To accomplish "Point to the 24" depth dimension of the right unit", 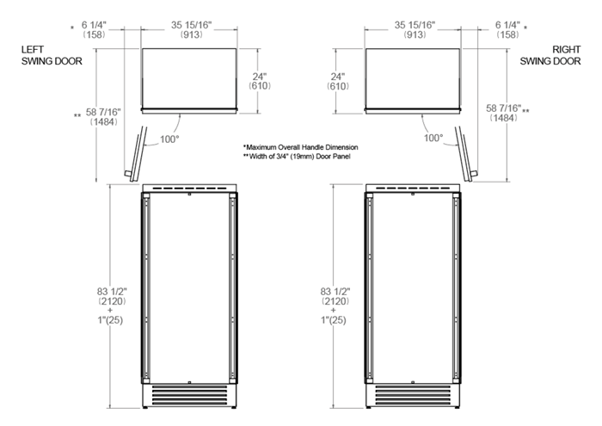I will click(341, 82).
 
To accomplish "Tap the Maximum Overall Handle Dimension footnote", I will click(300, 147).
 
